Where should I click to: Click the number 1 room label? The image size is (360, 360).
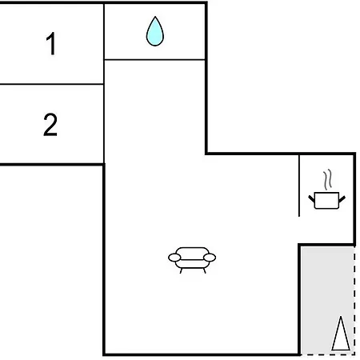(x=51, y=43)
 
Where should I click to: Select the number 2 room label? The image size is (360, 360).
(x=50, y=125)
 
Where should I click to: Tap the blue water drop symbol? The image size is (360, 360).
(x=155, y=31)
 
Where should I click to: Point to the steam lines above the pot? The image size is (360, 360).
(x=328, y=179)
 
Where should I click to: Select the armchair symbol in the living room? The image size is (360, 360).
(x=192, y=260)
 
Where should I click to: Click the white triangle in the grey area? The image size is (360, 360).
(x=341, y=334)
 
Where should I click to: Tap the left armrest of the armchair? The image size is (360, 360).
(x=174, y=258)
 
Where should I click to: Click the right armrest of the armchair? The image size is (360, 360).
(x=210, y=258)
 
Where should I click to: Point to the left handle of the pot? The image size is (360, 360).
(x=311, y=198)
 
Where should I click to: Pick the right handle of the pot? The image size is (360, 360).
(x=342, y=199)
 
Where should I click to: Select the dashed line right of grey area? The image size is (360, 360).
(x=354, y=300)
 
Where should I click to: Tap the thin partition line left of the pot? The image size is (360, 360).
(x=299, y=186)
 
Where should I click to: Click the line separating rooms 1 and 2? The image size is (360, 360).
(x=52, y=84)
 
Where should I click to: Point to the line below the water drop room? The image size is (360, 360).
(x=154, y=59)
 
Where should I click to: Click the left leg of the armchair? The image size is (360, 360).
(x=181, y=270)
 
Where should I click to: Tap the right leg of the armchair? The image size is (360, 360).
(x=204, y=270)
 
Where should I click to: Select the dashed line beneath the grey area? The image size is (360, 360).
(x=328, y=354)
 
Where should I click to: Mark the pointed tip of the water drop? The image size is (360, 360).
(x=155, y=17)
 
